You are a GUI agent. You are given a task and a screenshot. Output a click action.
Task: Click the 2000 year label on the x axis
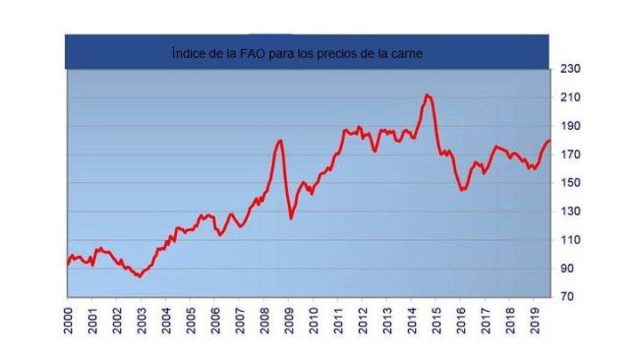pos(68,322)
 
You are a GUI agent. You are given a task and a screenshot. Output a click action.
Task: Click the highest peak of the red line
pos(427,94)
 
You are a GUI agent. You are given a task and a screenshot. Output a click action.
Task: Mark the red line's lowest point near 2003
pos(140,276)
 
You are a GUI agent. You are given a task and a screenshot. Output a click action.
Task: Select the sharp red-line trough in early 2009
pos(291,217)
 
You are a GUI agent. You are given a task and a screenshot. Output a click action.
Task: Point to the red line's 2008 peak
pos(281,141)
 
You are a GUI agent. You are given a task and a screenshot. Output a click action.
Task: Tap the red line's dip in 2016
pos(462,189)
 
